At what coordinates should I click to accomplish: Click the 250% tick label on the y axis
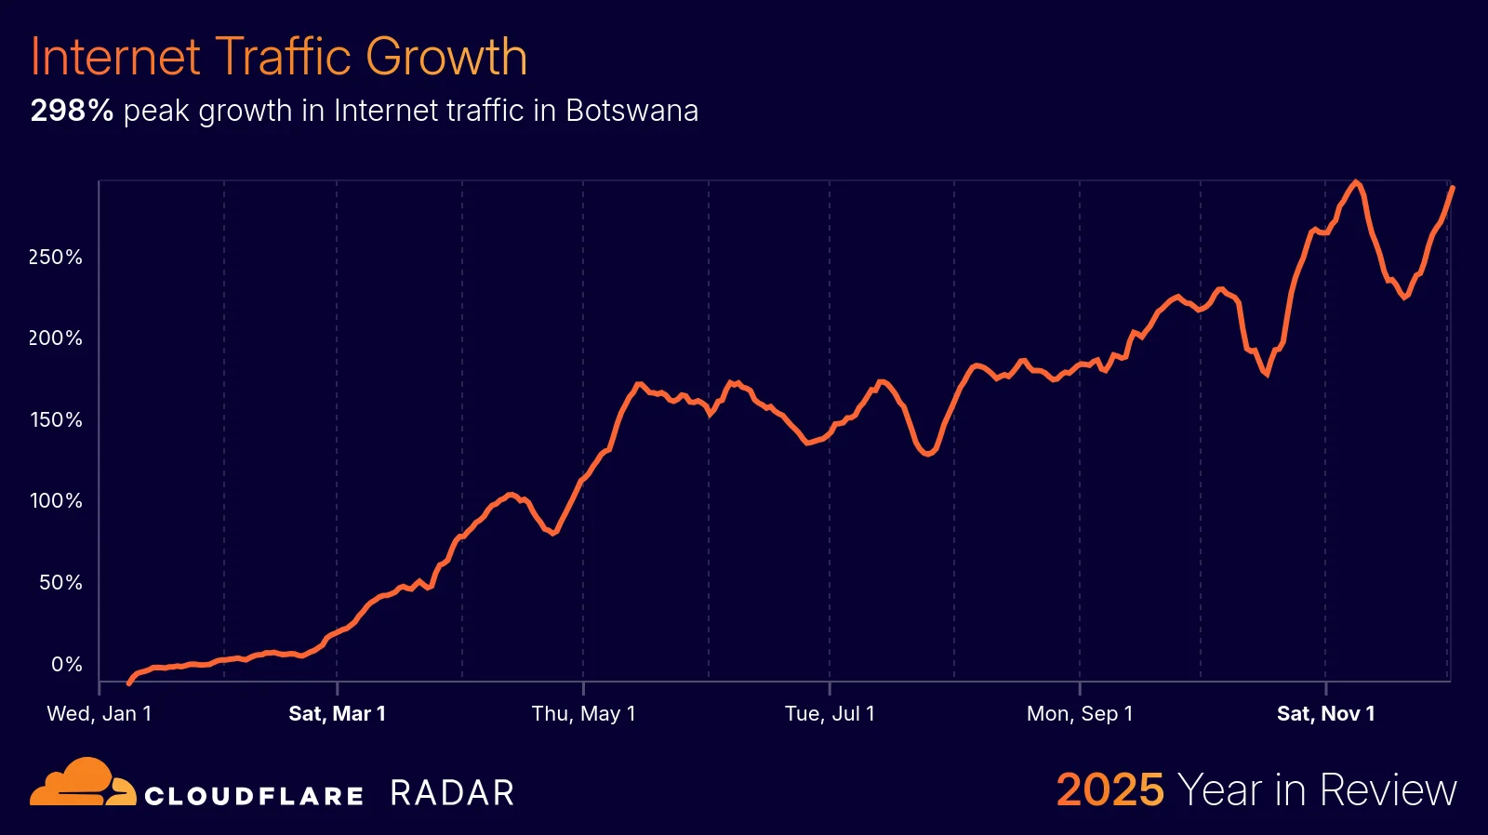pos(56,258)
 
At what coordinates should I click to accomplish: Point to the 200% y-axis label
pos(56,338)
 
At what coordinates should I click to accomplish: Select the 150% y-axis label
pos(56,420)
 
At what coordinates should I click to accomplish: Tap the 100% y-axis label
pos(56,501)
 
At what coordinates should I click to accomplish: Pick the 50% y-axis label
pos(60,583)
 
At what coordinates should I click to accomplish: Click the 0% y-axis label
pos(66,665)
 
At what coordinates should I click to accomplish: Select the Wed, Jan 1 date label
pos(100,714)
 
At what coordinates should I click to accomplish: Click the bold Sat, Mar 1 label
pos(337,714)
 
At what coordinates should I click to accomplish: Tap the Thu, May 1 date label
pos(583,714)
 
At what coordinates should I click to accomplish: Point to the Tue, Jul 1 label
pos(830,714)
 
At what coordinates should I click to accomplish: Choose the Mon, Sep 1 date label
pos(1080,714)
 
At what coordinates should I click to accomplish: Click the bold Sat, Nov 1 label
pos(1325,714)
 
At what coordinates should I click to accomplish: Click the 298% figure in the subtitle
pos(72,111)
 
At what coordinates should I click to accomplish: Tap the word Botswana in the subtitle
pos(631,111)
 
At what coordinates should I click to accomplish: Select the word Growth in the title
pos(446,57)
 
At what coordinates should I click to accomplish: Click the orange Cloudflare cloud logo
pos(82,783)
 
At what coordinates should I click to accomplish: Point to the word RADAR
pos(452,793)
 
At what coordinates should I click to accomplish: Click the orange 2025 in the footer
pos(1109,790)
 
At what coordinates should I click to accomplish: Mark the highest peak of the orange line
pos(1356,182)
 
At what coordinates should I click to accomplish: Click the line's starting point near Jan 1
pos(129,683)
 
